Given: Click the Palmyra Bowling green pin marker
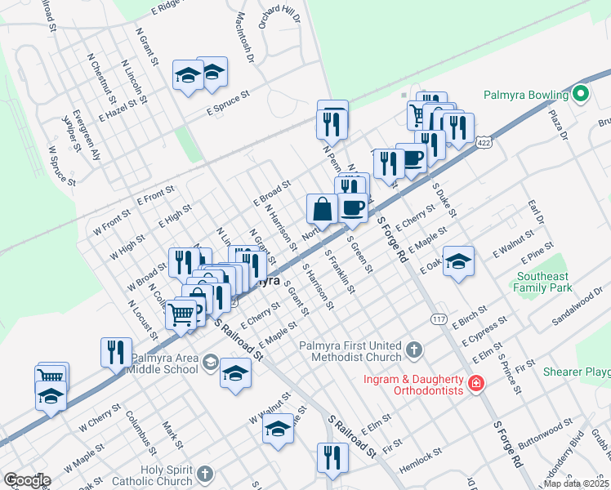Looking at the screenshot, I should (582, 93).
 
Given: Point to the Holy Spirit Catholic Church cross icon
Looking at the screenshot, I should (205, 474).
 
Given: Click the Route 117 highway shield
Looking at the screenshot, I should (439, 318).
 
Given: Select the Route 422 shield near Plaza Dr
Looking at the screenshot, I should (484, 142).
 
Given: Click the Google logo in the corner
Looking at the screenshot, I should (26, 480).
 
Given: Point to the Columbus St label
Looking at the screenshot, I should (140, 431).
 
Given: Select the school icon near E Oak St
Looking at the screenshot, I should (459, 261).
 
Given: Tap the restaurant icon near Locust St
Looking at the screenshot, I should (116, 351).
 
